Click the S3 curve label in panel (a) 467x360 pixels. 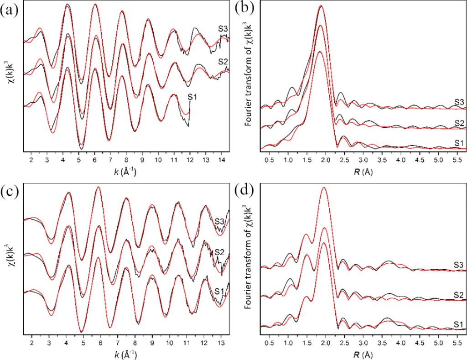(223, 29)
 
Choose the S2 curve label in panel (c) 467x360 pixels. (219, 252)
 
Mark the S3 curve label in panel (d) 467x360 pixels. (459, 264)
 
